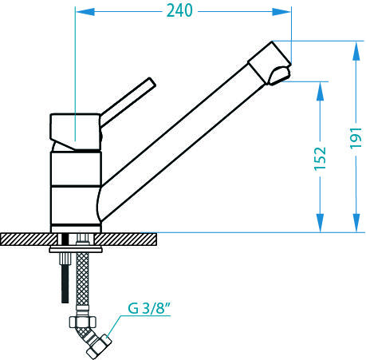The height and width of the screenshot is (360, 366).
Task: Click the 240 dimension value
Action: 179,11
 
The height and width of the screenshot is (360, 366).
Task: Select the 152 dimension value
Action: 320,158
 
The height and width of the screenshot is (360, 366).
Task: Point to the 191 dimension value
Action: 356,138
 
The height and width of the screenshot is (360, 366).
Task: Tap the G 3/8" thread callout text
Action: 149,308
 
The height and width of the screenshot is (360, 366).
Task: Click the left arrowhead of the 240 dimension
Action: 85,12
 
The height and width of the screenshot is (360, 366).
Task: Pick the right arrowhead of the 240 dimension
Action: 281,12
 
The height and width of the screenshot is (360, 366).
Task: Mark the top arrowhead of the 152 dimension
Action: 321,91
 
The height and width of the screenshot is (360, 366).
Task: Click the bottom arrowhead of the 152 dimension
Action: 321,223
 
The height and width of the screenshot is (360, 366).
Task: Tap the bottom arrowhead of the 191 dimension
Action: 356,223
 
